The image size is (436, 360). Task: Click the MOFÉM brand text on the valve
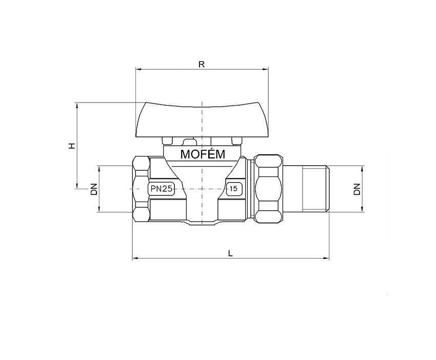point(202,154)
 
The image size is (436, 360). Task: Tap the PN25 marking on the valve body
point(161,189)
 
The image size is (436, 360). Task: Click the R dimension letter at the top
point(202,64)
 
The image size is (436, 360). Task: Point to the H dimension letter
point(72,146)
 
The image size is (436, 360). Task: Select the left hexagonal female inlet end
point(141,189)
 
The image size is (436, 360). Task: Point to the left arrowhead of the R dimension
point(137,69)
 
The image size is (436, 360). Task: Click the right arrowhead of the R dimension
point(265,69)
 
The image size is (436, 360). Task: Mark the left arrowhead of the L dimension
point(135,258)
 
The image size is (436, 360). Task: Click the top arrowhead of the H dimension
point(77,105)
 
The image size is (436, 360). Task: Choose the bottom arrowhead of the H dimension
point(77,186)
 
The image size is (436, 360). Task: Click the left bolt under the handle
point(167,141)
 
